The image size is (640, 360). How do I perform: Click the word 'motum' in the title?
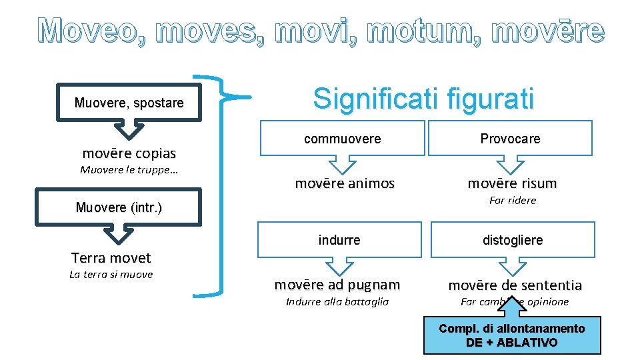[435, 31]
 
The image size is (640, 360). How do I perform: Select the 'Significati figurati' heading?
[424, 99]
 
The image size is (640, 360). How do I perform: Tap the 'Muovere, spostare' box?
[129, 103]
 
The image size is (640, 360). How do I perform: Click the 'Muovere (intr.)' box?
[119, 207]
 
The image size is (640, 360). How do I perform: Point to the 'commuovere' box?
[342, 139]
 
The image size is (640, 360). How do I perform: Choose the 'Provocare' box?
[511, 139]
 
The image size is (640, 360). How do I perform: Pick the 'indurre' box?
[339, 239]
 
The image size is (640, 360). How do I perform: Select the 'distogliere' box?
[513, 240]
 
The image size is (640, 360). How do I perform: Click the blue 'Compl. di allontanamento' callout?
[512, 336]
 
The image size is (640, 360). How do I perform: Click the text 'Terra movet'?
[111, 257]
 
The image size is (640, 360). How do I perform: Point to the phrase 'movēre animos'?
[345, 183]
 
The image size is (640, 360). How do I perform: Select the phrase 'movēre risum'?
[512, 183]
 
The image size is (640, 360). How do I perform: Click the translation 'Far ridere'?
[512, 200]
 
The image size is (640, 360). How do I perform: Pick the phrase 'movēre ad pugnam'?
[337, 285]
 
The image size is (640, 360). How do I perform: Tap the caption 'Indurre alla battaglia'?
[337, 301]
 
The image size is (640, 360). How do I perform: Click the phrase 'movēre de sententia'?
[515, 285]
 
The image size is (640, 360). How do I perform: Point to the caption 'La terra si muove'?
[111, 274]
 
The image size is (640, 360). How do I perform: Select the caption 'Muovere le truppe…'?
[129, 169]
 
